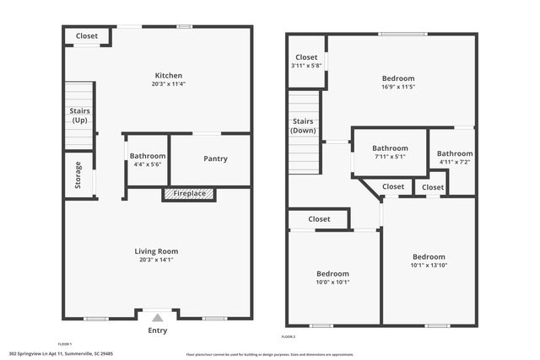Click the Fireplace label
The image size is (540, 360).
(x=189, y=194)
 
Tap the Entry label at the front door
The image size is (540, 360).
(x=157, y=330)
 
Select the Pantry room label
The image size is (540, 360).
(x=215, y=159)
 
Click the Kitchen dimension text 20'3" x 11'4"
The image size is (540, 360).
(x=157, y=84)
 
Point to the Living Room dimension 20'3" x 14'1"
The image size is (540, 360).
(x=157, y=260)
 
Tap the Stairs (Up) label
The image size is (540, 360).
(x=79, y=116)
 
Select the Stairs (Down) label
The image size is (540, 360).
(x=303, y=126)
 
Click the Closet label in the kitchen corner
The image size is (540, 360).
(x=87, y=36)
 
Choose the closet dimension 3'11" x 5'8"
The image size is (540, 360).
(x=306, y=65)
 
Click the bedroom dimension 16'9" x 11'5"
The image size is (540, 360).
(x=397, y=87)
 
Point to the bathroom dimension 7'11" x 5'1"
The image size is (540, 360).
(x=390, y=156)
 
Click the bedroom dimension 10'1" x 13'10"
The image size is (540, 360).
(x=429, y=266)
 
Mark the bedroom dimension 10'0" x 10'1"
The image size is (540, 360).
(x=332, y=282)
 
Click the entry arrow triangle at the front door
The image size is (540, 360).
(x=157, y=319)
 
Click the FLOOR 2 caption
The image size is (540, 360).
(x=289, y=336)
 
